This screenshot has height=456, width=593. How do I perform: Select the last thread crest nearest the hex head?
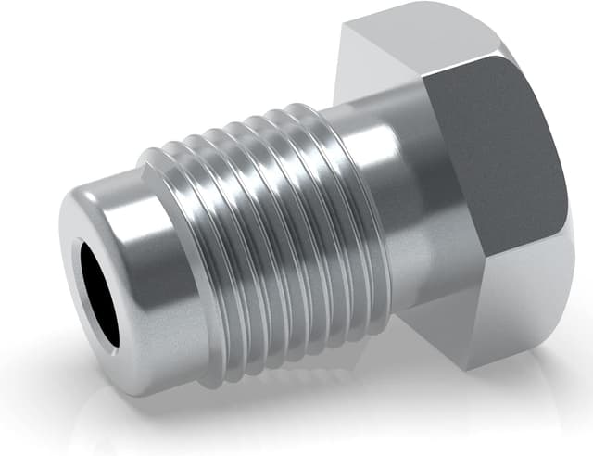click(x=320, y=185)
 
